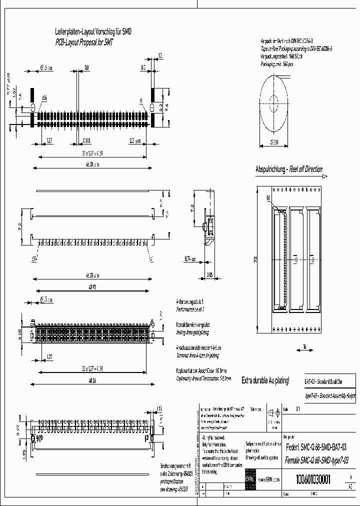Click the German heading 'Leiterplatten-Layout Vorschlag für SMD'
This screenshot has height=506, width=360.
pyautogui.click(x=93, y=31)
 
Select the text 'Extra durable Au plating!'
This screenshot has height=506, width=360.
pyautogui.click(x=265, y=381)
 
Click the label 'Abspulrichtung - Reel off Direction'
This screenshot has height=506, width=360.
pyautogui.click(x=289, y=169)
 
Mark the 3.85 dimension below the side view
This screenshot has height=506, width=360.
pyautogui.click(x=210, y=274)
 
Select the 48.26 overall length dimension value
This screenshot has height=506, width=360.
pyautogui.click(x=91, y=383)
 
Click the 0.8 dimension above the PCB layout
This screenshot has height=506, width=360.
pyautogui.click(x=86, y=66)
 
